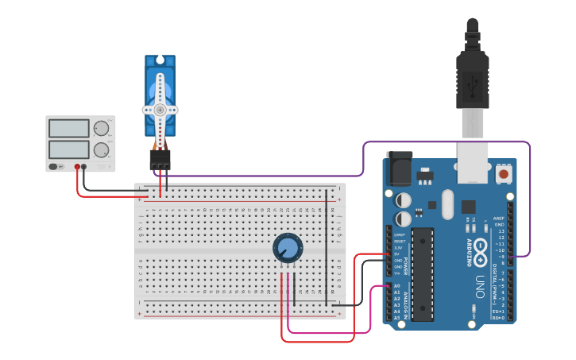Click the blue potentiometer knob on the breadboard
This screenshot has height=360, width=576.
tap(288, 249)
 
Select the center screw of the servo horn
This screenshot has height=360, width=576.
tap(160, 110)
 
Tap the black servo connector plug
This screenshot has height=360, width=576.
tap(160, 159)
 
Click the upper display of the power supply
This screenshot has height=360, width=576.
tap(68, 128)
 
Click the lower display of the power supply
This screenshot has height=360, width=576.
tap(68, 149)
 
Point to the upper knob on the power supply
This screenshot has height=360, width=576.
tap(101, 129)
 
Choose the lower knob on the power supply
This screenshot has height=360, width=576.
tap(101, 149)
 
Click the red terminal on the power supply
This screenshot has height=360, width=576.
tap(77, 167)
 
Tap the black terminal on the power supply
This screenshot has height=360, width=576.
tap(84, 167)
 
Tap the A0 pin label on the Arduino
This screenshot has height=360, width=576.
tap(396, 286)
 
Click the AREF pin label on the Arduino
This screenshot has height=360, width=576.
tap(498, 218)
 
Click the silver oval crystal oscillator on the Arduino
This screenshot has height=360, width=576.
tap(447, 204)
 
